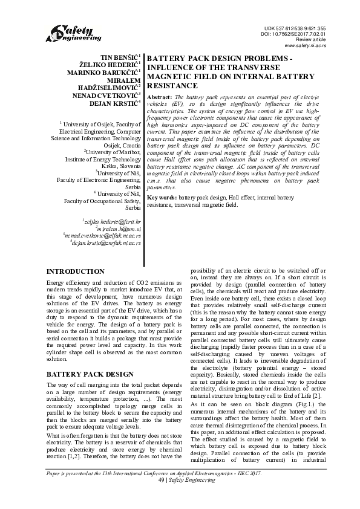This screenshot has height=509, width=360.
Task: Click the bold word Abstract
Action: pos(159,97)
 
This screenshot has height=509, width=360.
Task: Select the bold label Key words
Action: pos(162,198)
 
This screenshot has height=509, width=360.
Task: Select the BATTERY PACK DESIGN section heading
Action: pos(90,374)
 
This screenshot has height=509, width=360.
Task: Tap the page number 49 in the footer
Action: pos(159,497)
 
